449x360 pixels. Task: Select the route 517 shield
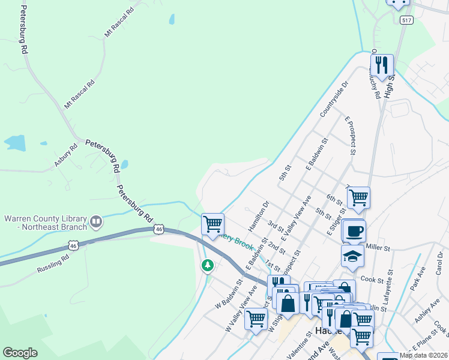point(407,20)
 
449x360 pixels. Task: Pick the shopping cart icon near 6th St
point(358,197)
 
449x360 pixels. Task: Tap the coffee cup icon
point(354,231)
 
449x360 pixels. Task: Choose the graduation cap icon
point(352,256)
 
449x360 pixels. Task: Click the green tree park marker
point(208,265)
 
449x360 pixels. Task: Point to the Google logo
point(20,353)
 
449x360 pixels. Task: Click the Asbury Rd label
point(66,155)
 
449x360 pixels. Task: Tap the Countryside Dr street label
point(334,100)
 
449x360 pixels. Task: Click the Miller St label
point(378,247)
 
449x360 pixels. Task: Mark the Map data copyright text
point(423,355)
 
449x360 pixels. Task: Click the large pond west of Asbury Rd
point(14,143)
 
